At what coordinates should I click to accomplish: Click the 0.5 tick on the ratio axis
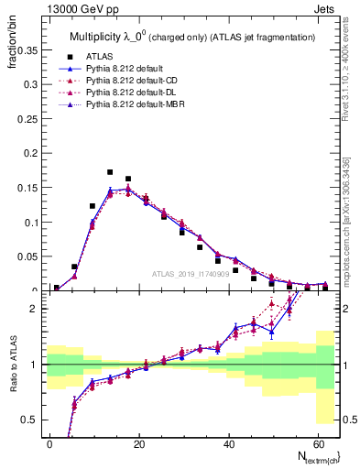[31, 420]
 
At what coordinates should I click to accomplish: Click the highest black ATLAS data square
[110, 172]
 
